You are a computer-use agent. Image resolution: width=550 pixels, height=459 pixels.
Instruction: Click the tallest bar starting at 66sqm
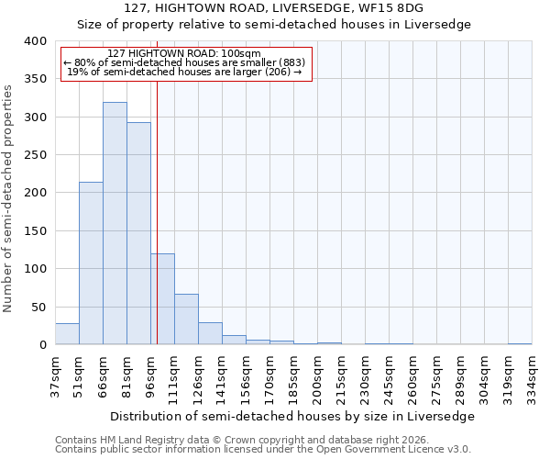click(x=115, y=223)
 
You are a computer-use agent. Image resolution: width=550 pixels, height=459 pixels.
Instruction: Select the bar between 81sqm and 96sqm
click(x=138, y=233)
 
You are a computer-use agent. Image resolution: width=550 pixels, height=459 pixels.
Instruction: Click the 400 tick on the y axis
click(x=34, y=41)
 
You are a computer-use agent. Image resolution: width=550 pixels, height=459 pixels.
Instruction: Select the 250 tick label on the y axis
click(x=34, y=155)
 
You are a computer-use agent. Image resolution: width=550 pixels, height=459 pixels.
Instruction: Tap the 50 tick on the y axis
click(x=37, y=307)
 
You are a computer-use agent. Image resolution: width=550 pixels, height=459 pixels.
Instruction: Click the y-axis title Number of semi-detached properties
click(x=8, y=197)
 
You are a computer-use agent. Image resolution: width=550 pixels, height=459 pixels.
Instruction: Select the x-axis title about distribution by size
click(x=292, y=416)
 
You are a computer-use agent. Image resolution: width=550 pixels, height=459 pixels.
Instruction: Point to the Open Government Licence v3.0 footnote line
click(x=263, y=449)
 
